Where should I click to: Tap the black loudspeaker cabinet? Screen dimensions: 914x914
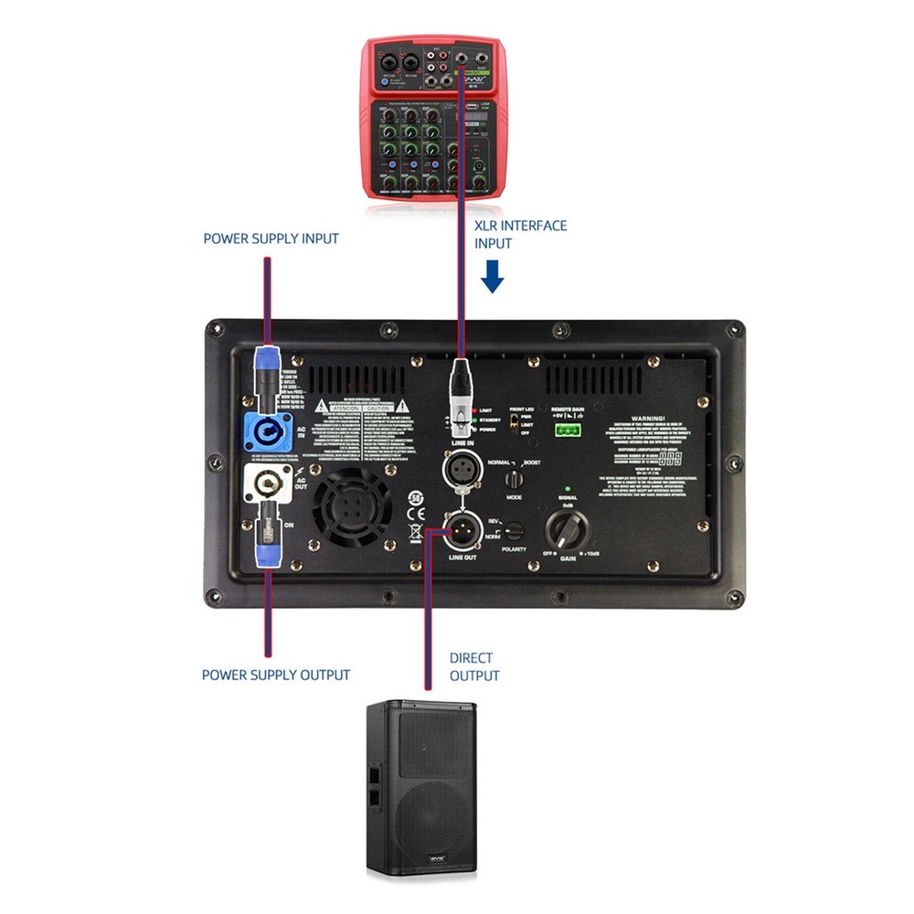(x=421, y=791)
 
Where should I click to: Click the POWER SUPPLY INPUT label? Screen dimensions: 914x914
(x=271, y=239)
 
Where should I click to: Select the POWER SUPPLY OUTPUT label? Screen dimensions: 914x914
(x=276, y=675)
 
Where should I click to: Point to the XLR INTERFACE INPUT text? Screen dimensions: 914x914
(x=520, y=234)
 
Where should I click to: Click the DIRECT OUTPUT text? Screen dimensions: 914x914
(x=474, y=666)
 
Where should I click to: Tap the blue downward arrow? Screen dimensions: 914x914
(x=493, y=276)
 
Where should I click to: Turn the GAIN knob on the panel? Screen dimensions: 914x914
(x=567, y=528)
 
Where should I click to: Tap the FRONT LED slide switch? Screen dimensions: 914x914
(x=515, y=421)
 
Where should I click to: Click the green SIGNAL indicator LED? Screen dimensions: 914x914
(x=568, y=490)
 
